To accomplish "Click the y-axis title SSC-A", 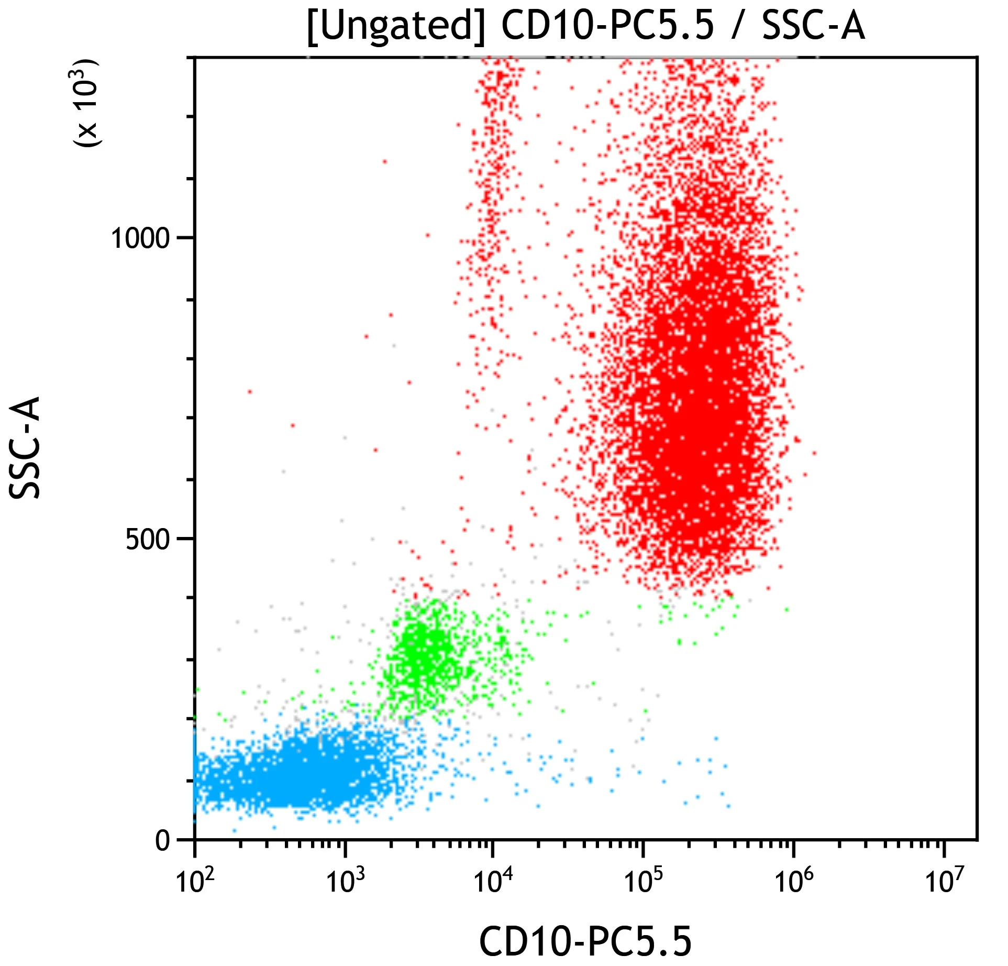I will pyautogui.click(x=25, y=448).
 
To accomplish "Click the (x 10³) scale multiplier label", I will pyautogui.click(x=85, y=103).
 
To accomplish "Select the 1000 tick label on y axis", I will pyautogui.click(x=140, y=238).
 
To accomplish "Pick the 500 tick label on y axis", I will pyautogui.click(x=148, y=540).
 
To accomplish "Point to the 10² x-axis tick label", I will pyautogui.click(x=195, y=881).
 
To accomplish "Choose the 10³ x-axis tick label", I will pyautogui.click(x=345, y=881).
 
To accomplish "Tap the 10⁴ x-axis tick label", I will pyautogui.click(x=493, y=881).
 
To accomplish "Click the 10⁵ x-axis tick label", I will pyautogui.click(x=643, y=881).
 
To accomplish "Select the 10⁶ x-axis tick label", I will pyautogui.click(x=793, y=881).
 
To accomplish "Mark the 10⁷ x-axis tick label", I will pyautogui.click(x=944, y=881).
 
